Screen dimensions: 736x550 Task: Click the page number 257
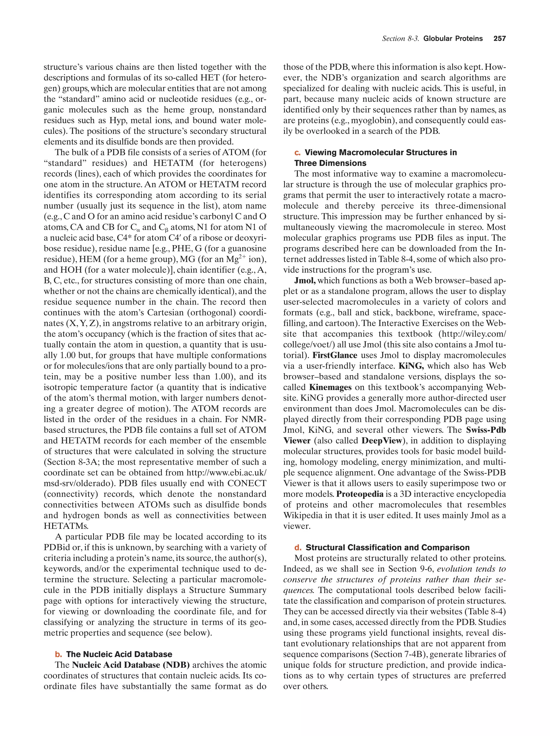click(x=500, y=39)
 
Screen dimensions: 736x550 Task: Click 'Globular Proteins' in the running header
click(x=453, y=39)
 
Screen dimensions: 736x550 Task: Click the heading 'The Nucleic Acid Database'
click(x=119, y=654)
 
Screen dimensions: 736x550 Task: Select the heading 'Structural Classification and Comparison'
click(x=388, y=547)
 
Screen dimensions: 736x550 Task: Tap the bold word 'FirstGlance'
click(x=335, y=355)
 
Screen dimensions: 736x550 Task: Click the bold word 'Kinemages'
click(x=330, y=387)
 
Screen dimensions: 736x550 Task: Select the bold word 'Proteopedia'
click(x=360, y=494)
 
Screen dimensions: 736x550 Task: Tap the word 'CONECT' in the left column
click(x=247, y=483)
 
